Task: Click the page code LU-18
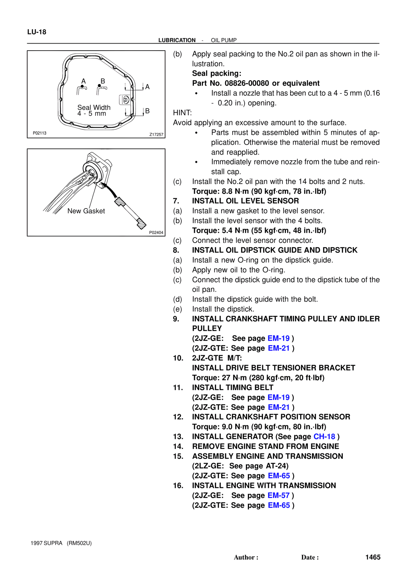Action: (37, 32)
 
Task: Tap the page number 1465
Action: (373, 557)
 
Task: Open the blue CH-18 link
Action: (324, 436)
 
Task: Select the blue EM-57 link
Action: (279, 495)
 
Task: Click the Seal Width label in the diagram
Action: (94, 108)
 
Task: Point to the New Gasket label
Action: (86, 211)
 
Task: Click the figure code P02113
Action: (39, 133)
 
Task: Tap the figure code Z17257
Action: (156, 135)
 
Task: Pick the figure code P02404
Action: (156, 232)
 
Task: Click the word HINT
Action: (182, 113)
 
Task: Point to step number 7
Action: (176, 201)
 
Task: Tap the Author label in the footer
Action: (245, 557)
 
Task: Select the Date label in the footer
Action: (309, 557)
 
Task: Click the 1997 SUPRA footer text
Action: (46, 543)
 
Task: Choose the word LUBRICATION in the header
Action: (177, 40)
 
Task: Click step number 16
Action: (178, 485)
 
